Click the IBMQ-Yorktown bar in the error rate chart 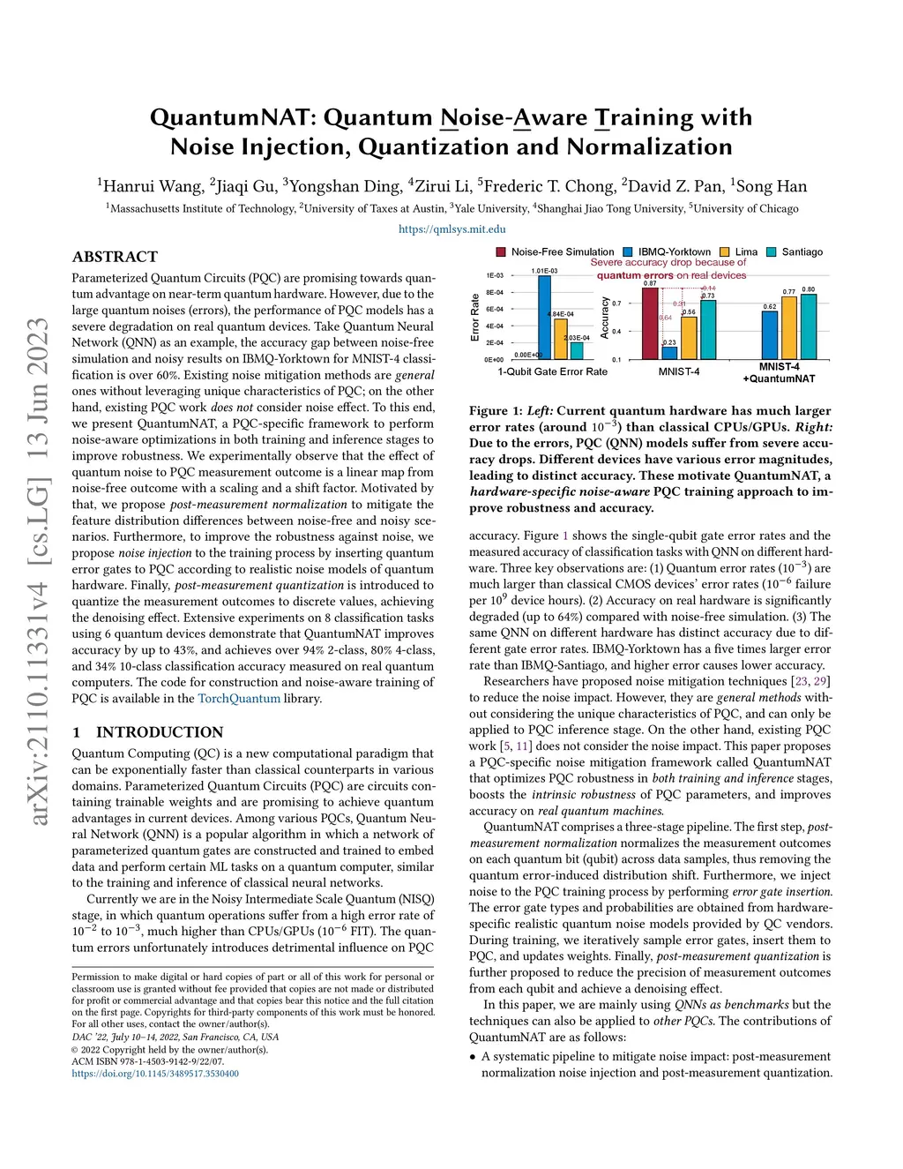point(544,318)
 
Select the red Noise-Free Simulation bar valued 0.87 point(650,323)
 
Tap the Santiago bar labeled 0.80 point(809,326)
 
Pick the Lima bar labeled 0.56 point(689,337)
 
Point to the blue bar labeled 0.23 point(669,352)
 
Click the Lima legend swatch point(725,252)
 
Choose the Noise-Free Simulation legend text point(563,252)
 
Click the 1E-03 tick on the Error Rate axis point(495,276)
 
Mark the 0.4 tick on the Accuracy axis point(616,332)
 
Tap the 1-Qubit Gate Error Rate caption point(552,372)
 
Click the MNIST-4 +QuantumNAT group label point(779,372)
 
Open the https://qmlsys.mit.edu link point(451,229)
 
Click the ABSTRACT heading point(115,257)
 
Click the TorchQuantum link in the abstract point(239,699)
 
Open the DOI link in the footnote point(155,1074)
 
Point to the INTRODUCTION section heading point(159,732)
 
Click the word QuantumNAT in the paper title point(231,117)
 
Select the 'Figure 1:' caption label point(501,411)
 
